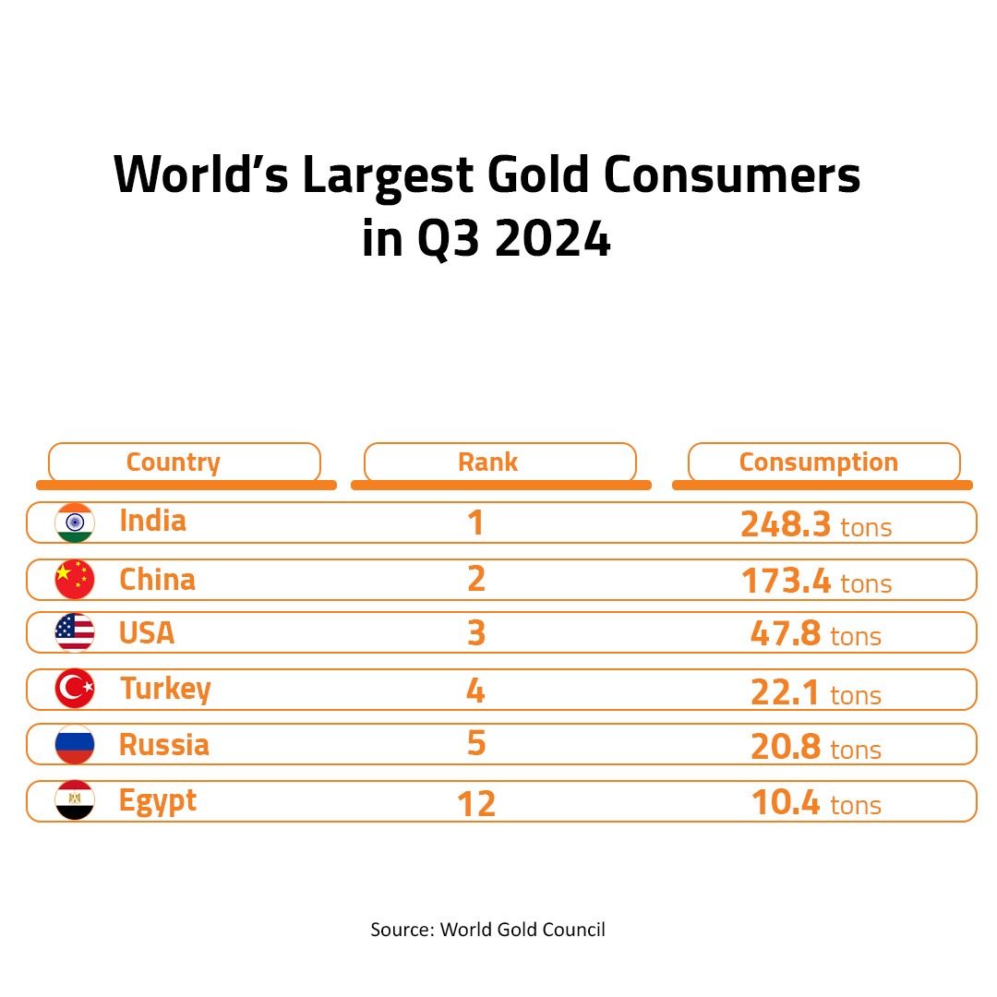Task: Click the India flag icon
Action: pos(75,523)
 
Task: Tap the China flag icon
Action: pos(75,580)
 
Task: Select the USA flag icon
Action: pos(75,632)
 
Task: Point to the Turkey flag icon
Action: pos(75,690)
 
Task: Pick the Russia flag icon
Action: pos(75,744)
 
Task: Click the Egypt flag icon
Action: pos(75,801)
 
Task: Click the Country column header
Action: pos(174,462)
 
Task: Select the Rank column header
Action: pos(487,462)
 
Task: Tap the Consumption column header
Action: pos(818,462)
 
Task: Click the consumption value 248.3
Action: pos(786,524)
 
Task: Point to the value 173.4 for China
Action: pos(786,582)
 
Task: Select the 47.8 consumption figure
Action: pos(785,635)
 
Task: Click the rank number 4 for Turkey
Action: pos(475,691)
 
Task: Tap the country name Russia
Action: pos(164,744)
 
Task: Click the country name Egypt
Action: pos(158,801)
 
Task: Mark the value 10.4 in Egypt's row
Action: pos(785,803)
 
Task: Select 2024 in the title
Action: pos(551,240)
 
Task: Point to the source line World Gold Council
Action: pos(523,929)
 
